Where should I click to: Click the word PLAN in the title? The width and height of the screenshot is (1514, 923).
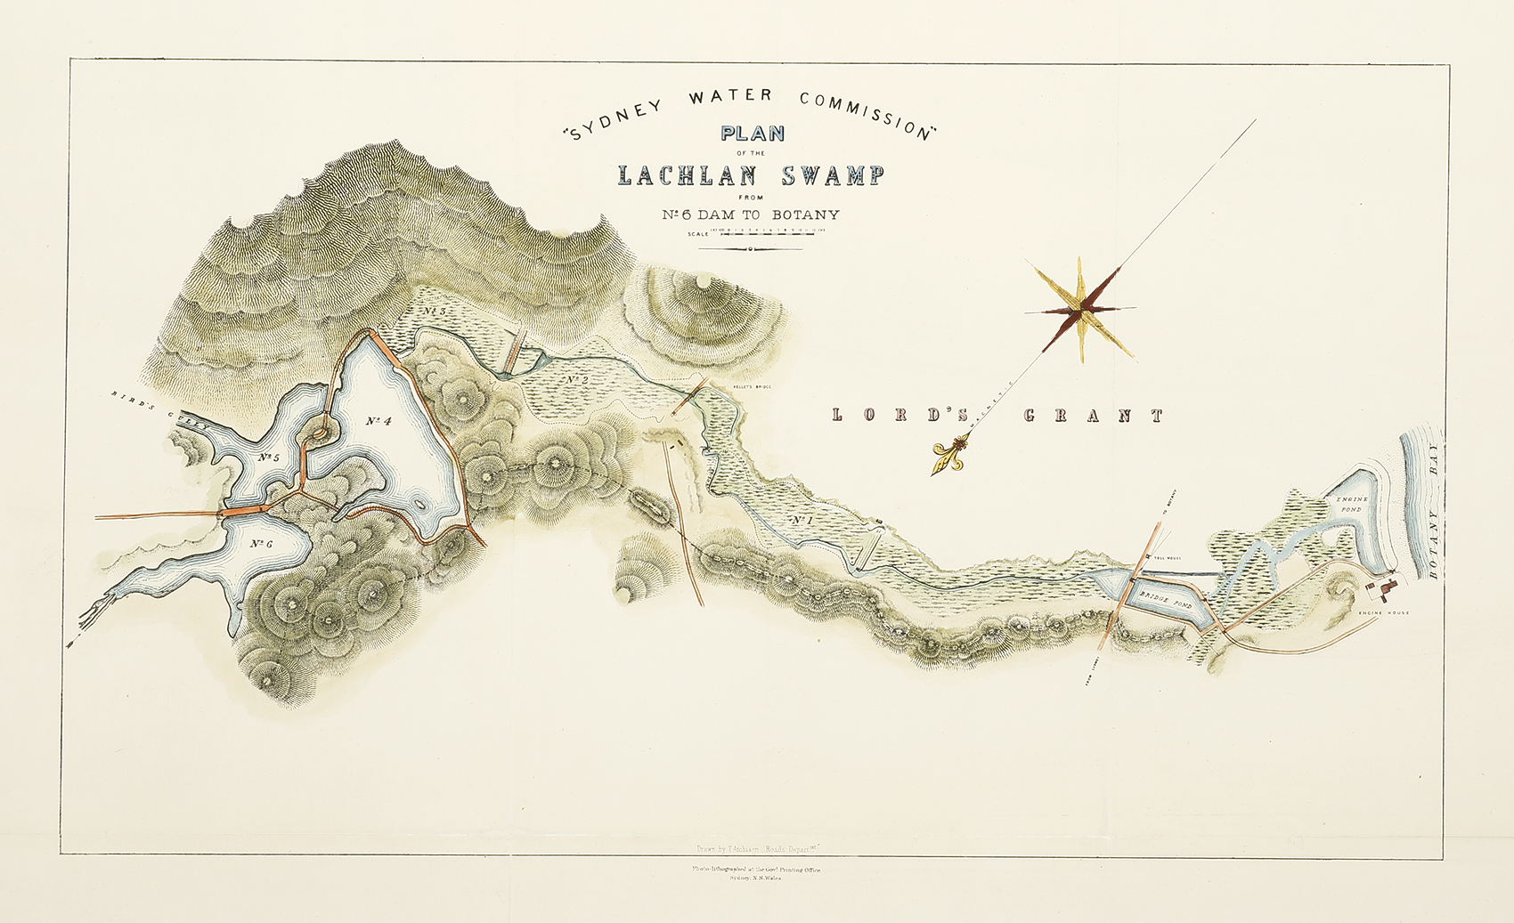pos(753,134)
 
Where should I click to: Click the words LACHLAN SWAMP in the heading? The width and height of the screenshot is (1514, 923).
pos(751,175)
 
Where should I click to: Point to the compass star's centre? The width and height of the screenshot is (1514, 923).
pos(1080,311)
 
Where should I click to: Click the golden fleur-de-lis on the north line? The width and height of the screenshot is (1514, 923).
pos(947,456)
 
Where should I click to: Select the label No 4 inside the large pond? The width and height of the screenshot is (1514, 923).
pos(378,420)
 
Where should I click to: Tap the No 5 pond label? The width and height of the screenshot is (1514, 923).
pos(268,457)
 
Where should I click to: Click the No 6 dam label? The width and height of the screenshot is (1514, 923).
pos(260,544)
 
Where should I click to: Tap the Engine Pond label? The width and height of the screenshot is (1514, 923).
pos(1351,505)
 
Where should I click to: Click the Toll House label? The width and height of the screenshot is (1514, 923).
pos(1166,558)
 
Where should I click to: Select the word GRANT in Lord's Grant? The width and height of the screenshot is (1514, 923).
pos(1094,416)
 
